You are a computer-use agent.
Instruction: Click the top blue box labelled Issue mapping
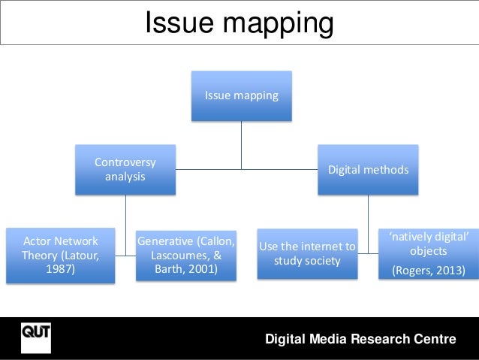[241, 96]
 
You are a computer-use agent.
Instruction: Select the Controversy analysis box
[125, 170]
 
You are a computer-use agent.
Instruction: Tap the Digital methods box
[368, 170]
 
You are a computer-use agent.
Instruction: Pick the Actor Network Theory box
[60, 256]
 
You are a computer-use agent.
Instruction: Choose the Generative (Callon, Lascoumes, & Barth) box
[185, 256]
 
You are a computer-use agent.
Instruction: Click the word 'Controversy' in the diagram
[125, 162]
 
